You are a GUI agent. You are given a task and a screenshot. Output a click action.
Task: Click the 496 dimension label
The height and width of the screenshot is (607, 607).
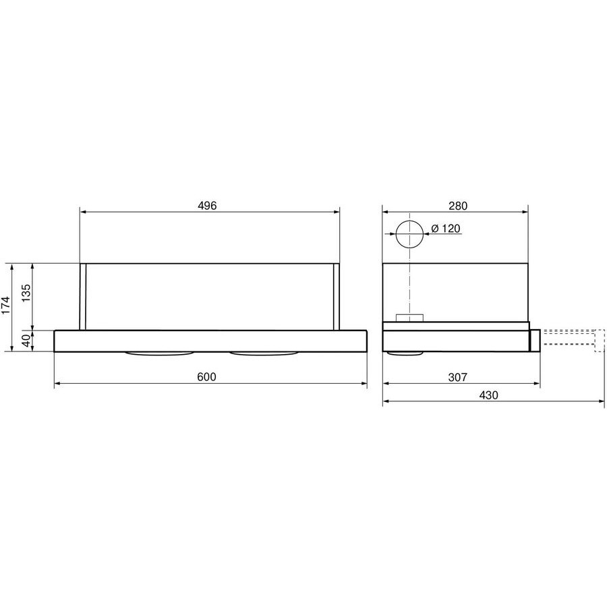pos(207,206)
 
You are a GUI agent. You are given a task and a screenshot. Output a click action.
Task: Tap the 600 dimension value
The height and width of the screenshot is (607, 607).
pos(207,376)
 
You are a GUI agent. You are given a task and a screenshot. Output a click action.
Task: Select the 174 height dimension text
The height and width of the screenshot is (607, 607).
pos(6,306)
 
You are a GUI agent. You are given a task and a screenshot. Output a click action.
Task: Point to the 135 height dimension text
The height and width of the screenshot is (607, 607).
pos(26,293)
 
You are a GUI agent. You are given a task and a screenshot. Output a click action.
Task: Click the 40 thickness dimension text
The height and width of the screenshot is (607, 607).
pos(26,341)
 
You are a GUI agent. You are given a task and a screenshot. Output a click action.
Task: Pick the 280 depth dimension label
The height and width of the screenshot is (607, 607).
pos(458,206)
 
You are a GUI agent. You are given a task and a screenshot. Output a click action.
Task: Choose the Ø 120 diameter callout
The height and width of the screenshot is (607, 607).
pos(446,229)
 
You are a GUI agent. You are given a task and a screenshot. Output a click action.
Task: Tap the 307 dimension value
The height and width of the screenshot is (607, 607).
pos(457,376)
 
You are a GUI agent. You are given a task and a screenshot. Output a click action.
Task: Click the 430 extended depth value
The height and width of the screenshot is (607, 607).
pos(488,395)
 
